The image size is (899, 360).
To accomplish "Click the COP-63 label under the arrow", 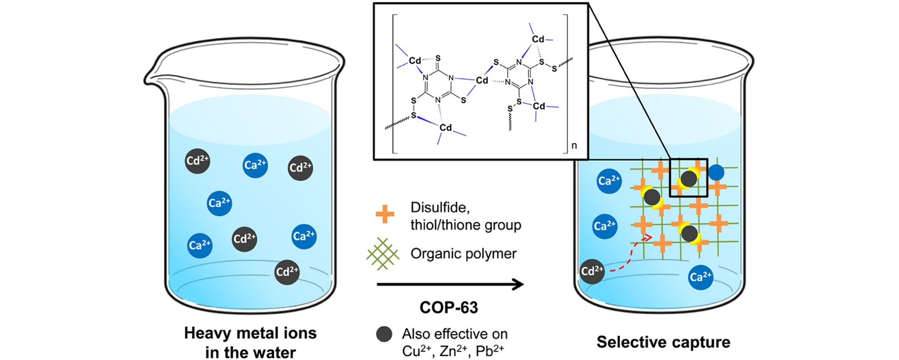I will pyautogui.click(x=448, y=308).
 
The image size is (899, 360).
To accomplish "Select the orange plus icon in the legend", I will pyautogui.click(x=384, y=214).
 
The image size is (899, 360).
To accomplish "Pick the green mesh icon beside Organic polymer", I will pyautogui.click(x=382, y=254).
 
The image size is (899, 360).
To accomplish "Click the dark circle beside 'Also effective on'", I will pyautogui.click(x=384, y=334).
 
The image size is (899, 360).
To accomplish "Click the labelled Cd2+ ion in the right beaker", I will pyautogui.click(x=592, y=271).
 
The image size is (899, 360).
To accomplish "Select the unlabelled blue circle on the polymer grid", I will pyautogui.click(x=716, y=172).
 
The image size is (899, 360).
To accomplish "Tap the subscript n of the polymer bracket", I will pyautogui.click(x=574, y=145).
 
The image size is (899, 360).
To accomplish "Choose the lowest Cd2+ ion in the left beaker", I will pyautogui.click(x=287, y=272).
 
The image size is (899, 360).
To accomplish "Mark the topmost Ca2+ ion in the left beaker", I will pyautogui.click(x=255, y=165).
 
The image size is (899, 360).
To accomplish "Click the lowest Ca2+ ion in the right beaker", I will pyautogui.click(x=700, y=277).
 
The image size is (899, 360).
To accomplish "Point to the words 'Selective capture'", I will pyautogui.click(x=663, y=342).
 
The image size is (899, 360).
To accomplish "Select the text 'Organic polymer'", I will pyautogui.click(x=464, y=254).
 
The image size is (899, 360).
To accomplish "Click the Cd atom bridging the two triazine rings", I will pyautogui.click(x=482, y=80).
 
